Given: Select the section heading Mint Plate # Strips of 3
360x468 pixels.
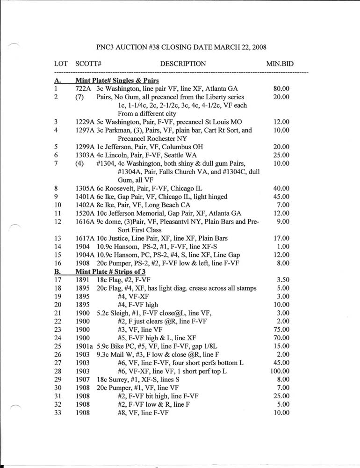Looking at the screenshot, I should click(112, 271).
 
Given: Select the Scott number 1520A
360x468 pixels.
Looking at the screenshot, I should click(85, 213).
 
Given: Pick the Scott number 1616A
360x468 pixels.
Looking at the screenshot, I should click(85, 222).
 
